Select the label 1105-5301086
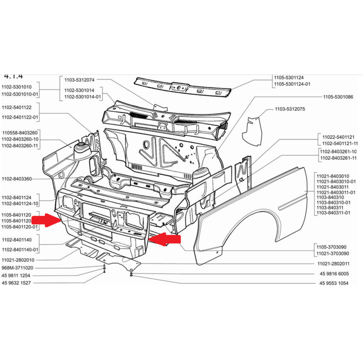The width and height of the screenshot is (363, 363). pos(338,97)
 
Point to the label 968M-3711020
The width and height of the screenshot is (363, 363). pos(17,268)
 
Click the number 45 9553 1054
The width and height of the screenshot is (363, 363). pos(334,283)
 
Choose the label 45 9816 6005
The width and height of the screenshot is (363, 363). pos(334,274)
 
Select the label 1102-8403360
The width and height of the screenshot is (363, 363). pos(16,179)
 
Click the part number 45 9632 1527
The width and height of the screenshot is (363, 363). pos(16,283)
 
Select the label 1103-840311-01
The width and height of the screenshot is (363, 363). pos(333,212)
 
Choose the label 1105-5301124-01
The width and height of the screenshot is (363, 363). pos(292,84)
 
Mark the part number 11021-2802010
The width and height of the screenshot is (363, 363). pos(18,260)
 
